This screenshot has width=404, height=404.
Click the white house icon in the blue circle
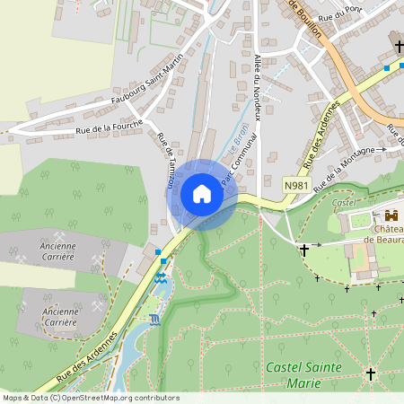pos(202,194)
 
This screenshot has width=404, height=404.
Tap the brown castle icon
pos(391,215)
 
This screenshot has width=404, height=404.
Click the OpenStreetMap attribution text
pos(90,397)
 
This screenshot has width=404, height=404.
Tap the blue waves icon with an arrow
pos(162,278)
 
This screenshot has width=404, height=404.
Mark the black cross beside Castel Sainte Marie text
pos(370,373)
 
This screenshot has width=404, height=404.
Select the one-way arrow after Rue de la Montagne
pos(381,150)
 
